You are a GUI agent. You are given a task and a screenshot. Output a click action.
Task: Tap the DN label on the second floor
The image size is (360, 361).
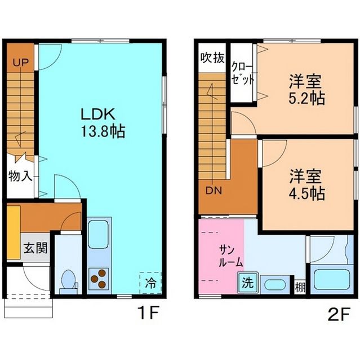pyautogui.click(x=213, y=190)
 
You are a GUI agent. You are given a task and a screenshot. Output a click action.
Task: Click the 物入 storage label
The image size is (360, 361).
pyautogui.click(x=20, y=176)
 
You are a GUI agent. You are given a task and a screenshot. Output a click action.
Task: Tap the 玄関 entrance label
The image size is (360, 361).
pyautogui.click(x=35, y=247)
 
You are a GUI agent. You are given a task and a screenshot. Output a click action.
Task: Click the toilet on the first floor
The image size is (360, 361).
pyautogui.click(x=69, y=280)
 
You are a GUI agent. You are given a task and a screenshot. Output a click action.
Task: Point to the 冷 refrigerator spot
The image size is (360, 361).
pyautogui.click(x=150, y=281)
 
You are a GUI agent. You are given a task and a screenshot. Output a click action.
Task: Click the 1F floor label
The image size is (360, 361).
pyautogui.click(x=149, y=311)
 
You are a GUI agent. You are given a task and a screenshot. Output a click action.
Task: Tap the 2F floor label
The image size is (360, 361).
pyautogui.click(x=340, y=311)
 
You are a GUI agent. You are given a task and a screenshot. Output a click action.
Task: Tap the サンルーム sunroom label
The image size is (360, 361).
pyautogui.click(x=230, y=256)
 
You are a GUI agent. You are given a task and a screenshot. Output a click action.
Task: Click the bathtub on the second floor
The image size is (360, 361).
pyautogui.click(x=330, y=280)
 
